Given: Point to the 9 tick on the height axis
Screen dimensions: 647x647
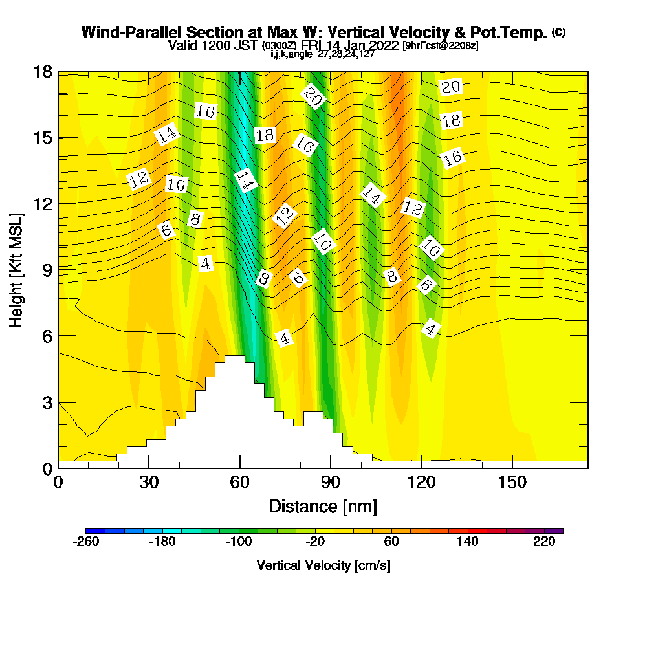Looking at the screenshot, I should (x=47, y=269).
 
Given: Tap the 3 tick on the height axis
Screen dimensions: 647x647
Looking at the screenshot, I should (x=47, y=401).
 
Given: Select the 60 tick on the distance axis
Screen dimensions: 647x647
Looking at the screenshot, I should (x=240, y=482).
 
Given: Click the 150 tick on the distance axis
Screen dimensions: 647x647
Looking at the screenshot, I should (x=512, y=482).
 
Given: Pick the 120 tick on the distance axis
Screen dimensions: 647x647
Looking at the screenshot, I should (x=421, y=482).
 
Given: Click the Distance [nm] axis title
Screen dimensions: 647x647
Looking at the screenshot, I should (x=323, y=505).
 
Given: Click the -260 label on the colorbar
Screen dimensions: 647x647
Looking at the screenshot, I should (x=86, y=542).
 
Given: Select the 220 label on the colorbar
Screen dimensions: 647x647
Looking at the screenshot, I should (x=545, y=542).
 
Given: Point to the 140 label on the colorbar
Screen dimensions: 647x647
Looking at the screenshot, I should (x=468, y=542).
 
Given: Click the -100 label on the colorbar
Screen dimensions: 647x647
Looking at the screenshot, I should (x=238, y=542).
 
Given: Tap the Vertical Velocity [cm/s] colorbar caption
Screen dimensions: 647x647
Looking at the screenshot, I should (x=323, y=565).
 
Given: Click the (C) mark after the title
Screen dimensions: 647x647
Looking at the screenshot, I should (x=559, y=32).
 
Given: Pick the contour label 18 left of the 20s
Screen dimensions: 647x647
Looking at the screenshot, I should (x=265, y=135).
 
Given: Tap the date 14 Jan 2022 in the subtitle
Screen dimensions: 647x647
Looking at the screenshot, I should (x=362, y=45).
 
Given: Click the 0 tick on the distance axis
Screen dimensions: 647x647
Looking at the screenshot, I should (x=58, y=482).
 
